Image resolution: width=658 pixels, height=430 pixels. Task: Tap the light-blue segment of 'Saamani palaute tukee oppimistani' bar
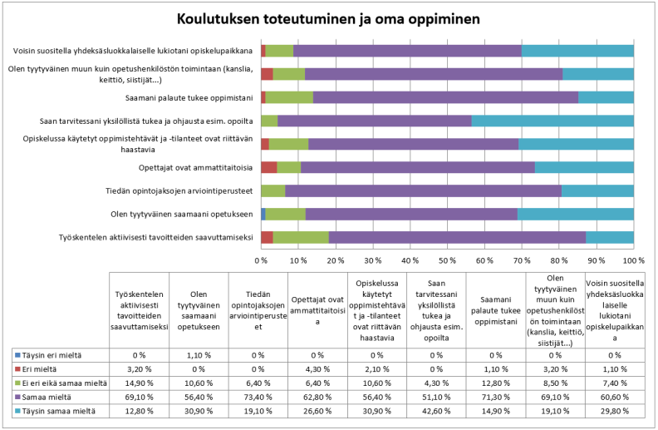(606, 97)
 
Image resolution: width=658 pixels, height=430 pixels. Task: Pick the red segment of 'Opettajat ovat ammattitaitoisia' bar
(268, 167)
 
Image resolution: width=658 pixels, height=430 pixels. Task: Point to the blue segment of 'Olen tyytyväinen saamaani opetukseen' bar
(263, 215)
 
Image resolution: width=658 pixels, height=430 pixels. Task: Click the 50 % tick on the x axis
(447, 260)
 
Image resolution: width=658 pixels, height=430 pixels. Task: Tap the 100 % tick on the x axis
(634, 260)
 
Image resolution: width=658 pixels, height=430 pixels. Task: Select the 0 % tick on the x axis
(261, 260)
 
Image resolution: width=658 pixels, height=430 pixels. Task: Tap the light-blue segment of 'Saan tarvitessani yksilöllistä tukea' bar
(552, 121)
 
